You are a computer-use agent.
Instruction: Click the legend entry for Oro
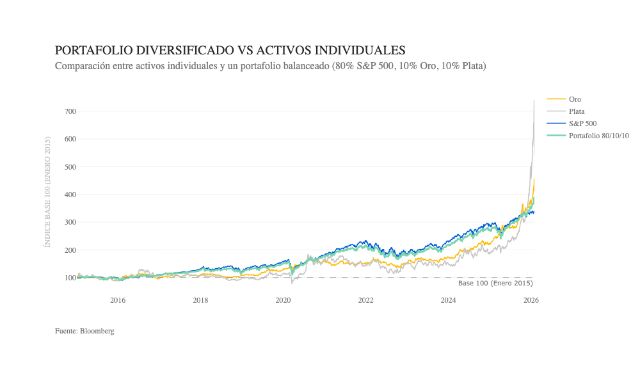tap(575, 99)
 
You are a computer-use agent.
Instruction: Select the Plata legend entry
tap(577, 111)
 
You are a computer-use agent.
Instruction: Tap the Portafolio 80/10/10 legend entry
tap(598, 136)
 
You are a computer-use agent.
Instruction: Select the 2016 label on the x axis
tap(118, 300)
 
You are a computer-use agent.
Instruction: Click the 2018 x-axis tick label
tap(200, 300)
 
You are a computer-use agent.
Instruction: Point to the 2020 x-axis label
tap(283, 300)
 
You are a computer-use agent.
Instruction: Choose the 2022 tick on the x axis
tap(365, 300)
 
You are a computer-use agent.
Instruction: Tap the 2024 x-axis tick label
tap(448, 300)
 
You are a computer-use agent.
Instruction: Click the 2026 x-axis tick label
tap(531, 300)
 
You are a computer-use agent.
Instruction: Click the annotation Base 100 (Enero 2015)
tap(495, 283)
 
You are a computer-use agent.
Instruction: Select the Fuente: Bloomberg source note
tap(84, 331)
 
